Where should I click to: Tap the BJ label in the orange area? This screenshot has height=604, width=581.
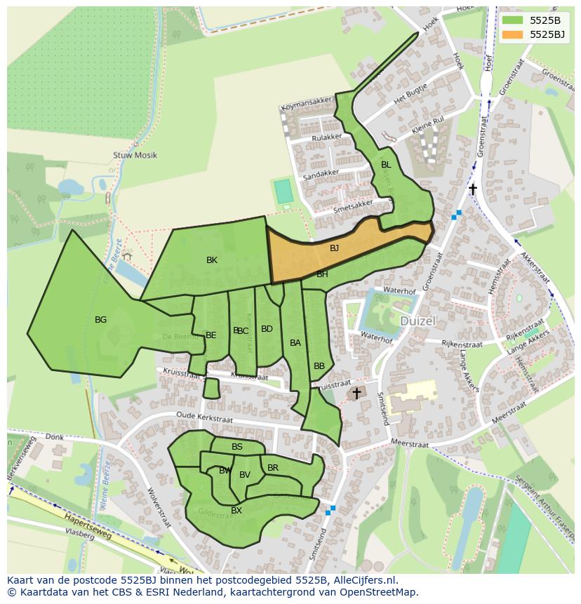(x=334, y=248)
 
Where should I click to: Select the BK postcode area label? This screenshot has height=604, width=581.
(x=212, y=260)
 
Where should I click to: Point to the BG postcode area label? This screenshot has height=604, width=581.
(x=100, y=320)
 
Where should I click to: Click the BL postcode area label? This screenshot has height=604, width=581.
(x=385, y=165)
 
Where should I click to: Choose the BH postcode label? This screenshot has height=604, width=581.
(x=322, y=274)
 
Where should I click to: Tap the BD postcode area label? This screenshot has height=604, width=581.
(x=267, y=329)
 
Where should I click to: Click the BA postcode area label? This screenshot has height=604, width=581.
(x=295, y=343)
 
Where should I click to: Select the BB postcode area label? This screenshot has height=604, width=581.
(x=319, y=366)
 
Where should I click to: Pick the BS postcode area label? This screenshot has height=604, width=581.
(x=237, y=447)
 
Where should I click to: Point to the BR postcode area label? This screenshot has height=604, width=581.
(x=273, y=468)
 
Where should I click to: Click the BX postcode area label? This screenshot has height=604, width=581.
(x=236, y=511)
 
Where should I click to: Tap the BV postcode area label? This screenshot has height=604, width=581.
(x=245, y=475)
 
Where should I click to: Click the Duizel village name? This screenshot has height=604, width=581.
(x=418, y=321)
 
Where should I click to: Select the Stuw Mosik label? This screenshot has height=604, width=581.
(x=135, y=155)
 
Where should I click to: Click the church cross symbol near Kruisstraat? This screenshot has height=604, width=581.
(x=356, y=394)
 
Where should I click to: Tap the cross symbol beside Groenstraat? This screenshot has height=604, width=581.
(x=473, y=189)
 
